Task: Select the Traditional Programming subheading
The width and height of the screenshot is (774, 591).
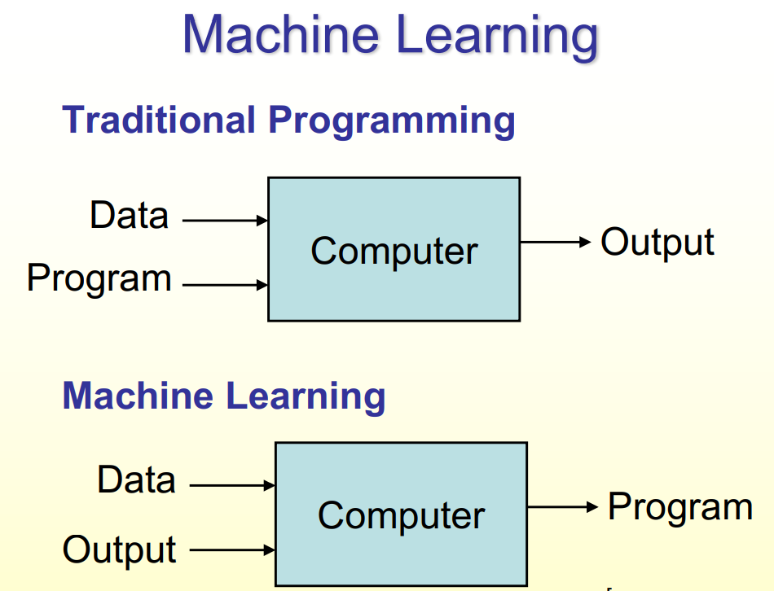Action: (288, 120)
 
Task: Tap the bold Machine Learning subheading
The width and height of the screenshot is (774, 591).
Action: (223, 396)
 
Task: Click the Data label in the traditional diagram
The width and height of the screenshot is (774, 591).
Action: (129, 216)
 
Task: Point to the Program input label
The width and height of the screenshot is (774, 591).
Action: (99, 278)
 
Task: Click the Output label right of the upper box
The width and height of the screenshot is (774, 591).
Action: (657, 243)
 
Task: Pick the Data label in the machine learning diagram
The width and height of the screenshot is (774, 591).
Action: (136, 479)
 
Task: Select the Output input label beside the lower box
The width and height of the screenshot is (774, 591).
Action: (119, 550)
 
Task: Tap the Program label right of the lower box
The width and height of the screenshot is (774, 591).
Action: (679, 507)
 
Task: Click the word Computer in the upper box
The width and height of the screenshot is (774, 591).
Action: (394, 251)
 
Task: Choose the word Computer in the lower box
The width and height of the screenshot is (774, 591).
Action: (401, 515)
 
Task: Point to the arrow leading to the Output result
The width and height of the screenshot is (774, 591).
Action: (555, 242)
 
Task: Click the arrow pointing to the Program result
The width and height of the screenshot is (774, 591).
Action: (562, 507)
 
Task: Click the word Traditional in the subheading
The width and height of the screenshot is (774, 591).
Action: (159, 120)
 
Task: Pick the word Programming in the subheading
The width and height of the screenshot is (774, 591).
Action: (392, 121)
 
